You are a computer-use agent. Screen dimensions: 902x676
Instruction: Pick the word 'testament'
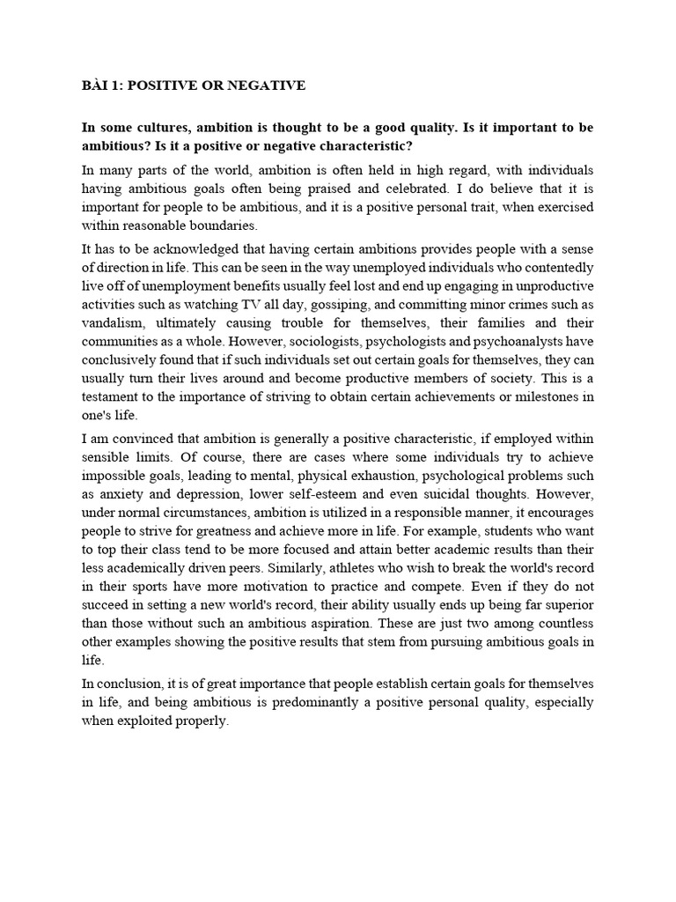tap(115, 396)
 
